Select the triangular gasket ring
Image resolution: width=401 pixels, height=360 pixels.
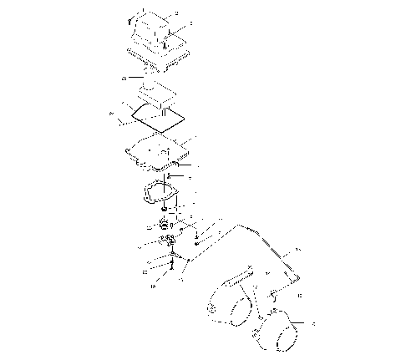click(161, 194)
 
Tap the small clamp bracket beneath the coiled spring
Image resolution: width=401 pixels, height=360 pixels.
click(168, 243)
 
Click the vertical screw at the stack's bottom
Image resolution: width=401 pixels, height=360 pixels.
click(170, 266)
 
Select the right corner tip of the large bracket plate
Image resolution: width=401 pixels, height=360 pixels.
click(298, 275)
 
